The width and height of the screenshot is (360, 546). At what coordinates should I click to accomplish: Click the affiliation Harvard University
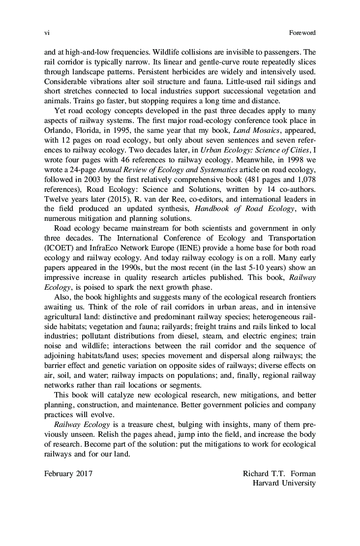point(284,483)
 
